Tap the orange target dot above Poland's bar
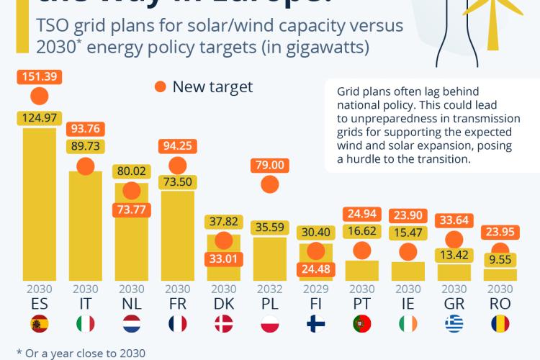(x=270, y=184)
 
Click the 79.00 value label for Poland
(x=270, y=165)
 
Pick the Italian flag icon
(x=85, y=325)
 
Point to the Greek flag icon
(x=454, y=325)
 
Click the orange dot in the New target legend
(x=160, y=88)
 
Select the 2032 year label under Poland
(x=270, y=289)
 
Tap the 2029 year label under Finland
(x=315, y=289)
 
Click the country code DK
(x=223, y=305)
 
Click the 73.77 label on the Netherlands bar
(x=131, y=210)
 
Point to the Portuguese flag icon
(x=361, y=325)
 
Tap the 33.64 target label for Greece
(x=454, y=221)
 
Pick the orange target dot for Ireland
(x=408, y=252)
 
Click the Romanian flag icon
(x=500, y=325)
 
